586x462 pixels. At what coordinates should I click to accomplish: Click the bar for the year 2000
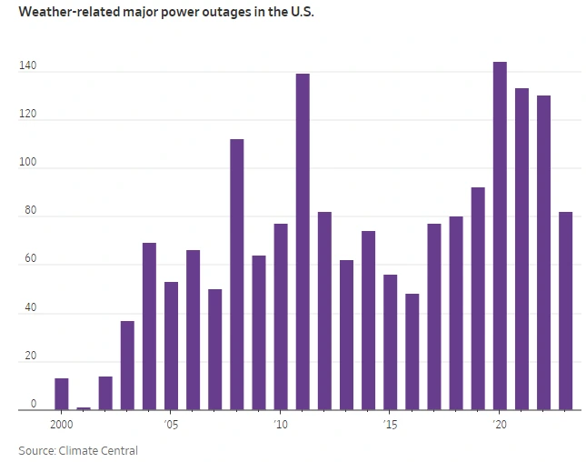62,394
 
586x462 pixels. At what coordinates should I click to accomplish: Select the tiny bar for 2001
84,408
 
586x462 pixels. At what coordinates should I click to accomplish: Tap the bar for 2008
237,274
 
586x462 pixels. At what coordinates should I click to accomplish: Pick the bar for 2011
303,241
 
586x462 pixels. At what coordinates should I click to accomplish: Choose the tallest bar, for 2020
500,236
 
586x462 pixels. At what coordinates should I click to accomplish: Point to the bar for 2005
171,346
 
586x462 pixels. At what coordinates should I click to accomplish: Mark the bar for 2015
390,342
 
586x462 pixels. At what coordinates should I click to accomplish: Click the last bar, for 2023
565,310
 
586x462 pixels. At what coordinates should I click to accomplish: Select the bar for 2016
412,351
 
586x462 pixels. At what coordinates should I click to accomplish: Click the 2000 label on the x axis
62,425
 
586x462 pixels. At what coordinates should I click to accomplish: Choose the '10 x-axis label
280,425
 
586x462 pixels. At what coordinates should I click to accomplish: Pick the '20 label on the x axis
499,425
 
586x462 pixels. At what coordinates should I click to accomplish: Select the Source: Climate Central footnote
78,450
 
